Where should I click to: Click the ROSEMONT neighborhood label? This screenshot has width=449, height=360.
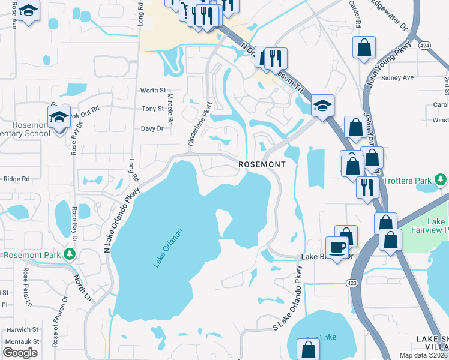[x=261, y=164]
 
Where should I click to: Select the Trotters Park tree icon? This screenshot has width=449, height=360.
[x=441, y=180]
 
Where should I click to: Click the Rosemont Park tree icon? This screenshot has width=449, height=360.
[x=70, y=255]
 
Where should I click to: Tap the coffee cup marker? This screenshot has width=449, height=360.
[x=337, y=247]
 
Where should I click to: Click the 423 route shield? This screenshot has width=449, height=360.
[x=353, y=282]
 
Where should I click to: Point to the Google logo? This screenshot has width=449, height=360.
[x=20, y=353]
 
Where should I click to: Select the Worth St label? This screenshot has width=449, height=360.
[x=152, y=91]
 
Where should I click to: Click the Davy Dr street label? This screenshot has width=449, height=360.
[x=152, y=128]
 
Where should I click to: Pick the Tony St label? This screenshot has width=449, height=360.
[x=152, y=109]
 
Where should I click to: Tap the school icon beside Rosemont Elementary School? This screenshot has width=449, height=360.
[x=59, y=117]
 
